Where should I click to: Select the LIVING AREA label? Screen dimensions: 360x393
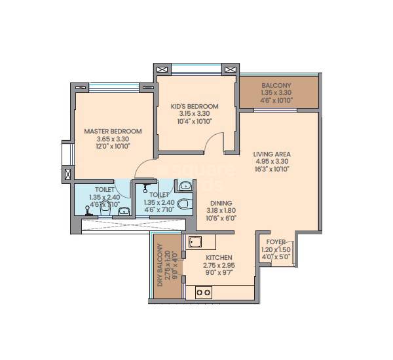coord(272,154)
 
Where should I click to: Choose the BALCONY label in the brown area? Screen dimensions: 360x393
coord(276,86)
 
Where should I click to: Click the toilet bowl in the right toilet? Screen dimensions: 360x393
coord(185,204)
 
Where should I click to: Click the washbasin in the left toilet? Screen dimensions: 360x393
coord(124,210)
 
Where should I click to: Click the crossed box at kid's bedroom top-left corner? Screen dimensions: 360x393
coord(161,69)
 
